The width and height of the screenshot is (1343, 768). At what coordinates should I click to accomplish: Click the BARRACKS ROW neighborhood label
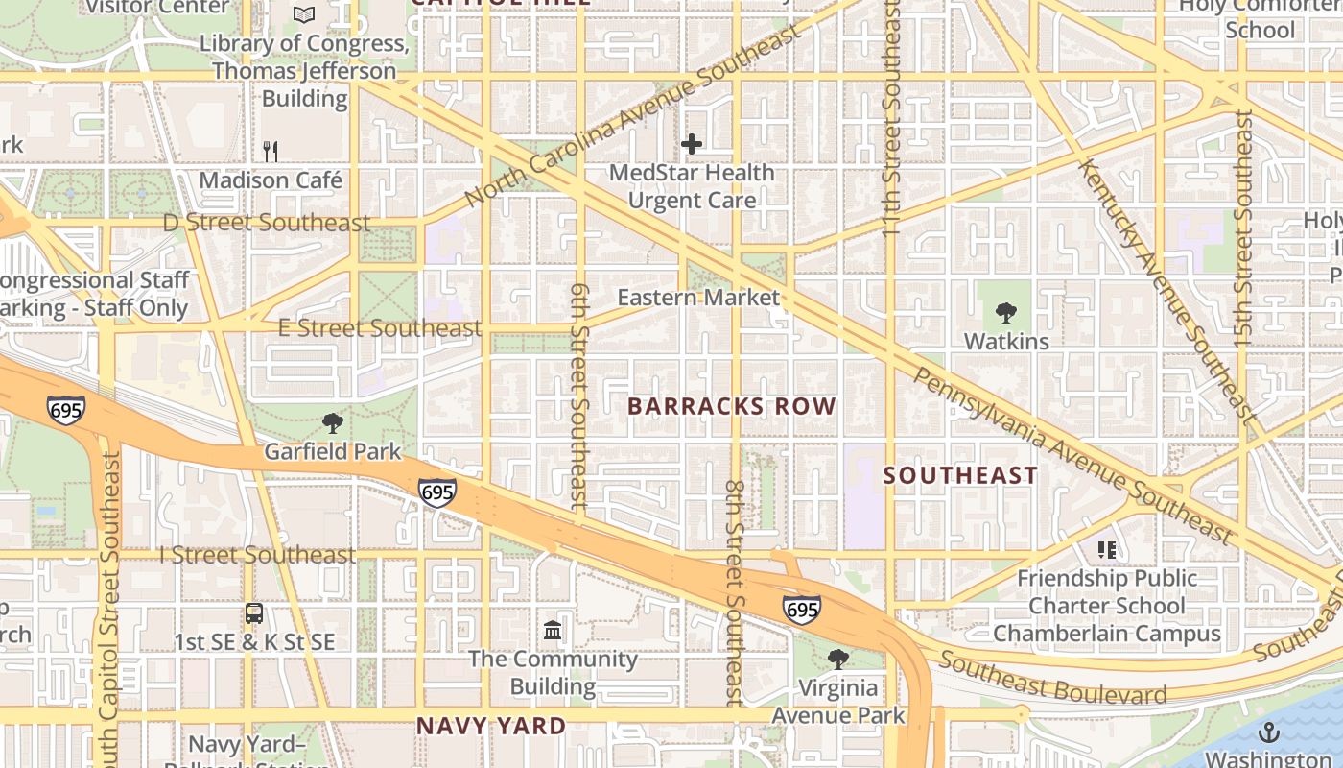pyautogui.click(x=732, y=406)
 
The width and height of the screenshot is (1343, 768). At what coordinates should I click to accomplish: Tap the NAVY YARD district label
pyautogui.click(x=490, y=726)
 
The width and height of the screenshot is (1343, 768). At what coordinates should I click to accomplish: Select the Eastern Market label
pyautogui.click(x=698, y=298)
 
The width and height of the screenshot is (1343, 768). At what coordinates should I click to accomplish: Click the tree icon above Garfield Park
pyautogui.click(x=332, y=422)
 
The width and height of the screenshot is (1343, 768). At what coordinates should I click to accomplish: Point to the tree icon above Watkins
pyautogui.click(x=1006, y=312)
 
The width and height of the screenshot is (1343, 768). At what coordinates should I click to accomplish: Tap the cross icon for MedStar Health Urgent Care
pyautogui.click(x=692, y=145)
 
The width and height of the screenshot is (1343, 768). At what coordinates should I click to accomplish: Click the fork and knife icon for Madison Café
pyautogui.click(x=271, y=151)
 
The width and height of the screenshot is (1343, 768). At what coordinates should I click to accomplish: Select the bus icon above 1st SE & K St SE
pyautogui.click(x=254, y=613)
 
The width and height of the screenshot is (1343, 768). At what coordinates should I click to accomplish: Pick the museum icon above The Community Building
pyautogui.click(x=554, y=631)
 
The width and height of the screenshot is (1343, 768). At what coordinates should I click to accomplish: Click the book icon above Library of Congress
pyautogui.click(x=304, y=14)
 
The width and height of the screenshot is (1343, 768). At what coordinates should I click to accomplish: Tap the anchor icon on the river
pyautogui.click(x=1269, y=733)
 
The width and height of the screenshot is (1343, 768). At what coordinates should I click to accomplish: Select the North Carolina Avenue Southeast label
pyautogui.click(x=633, y=115)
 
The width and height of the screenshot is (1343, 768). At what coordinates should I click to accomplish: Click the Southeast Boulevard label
pyautogui.click(x=1052, y=678)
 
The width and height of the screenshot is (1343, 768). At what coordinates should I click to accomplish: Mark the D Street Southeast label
pyautogui.click(x=267, y=223)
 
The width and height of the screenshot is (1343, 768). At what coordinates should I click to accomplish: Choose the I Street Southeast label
pyautogui.click(x=257, y=555)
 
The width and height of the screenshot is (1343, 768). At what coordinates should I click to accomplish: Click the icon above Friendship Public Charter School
pyautogui.click(x=1107, y=550)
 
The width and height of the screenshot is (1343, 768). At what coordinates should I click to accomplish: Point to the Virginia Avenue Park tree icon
pyautogui.click(x=838, y=660)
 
